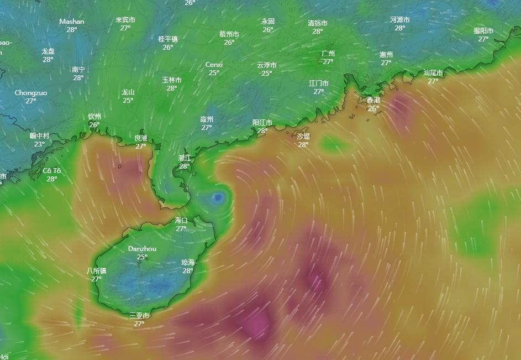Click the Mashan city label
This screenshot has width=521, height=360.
point(72,22)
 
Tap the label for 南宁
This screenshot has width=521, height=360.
point(78,70)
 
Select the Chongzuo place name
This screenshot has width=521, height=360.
point(31,93)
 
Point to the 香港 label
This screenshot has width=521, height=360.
point(373,100)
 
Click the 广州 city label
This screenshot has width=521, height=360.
point(328,54)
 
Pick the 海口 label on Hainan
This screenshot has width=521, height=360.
point(181,220)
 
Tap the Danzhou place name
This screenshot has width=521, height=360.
point(142,249)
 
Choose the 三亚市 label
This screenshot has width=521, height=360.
point(139,316)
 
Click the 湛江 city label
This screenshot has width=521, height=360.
point(185,158)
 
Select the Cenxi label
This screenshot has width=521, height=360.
point(214,65)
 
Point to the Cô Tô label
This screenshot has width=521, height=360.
point(52,170)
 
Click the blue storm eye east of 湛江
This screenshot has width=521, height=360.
point(218,196)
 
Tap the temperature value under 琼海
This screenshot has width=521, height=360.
point(188,271)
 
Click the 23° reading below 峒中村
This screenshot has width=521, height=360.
point(39,144)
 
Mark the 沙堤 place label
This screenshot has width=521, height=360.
point(303,136)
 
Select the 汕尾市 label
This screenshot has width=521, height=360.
point(433,72)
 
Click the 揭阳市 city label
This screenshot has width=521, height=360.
point(483,31)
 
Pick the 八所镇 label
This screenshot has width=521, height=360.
point(97,271)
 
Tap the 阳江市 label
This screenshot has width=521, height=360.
point(262,123)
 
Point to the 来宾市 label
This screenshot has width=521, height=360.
point(125,20)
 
